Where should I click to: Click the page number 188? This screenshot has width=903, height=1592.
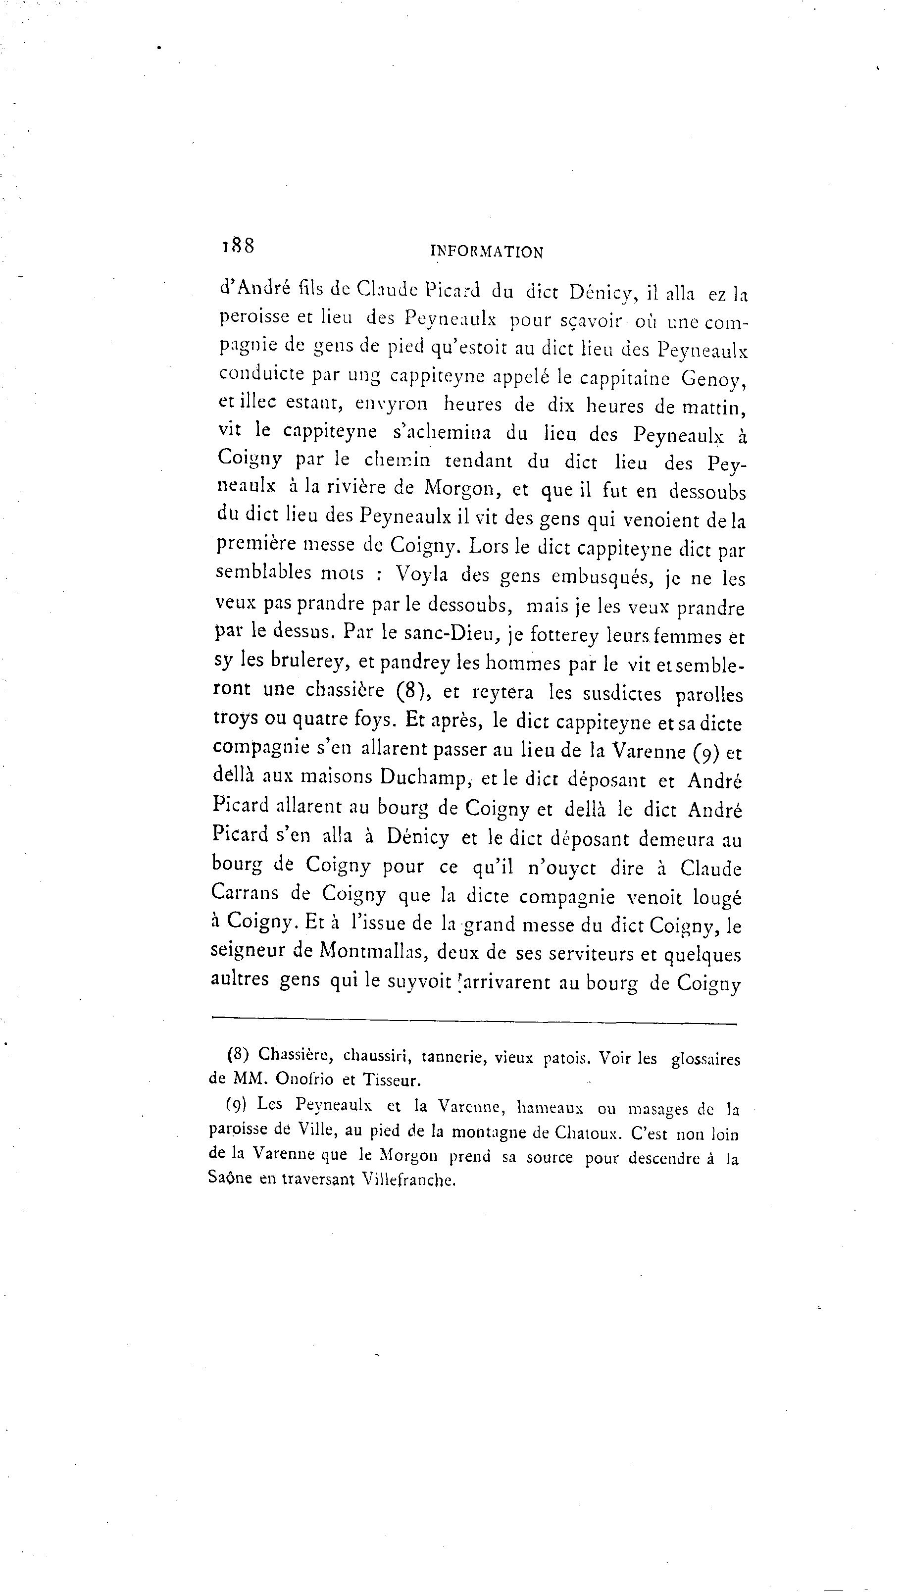pos(238,246)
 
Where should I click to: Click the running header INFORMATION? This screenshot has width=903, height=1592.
pos(486,252)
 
